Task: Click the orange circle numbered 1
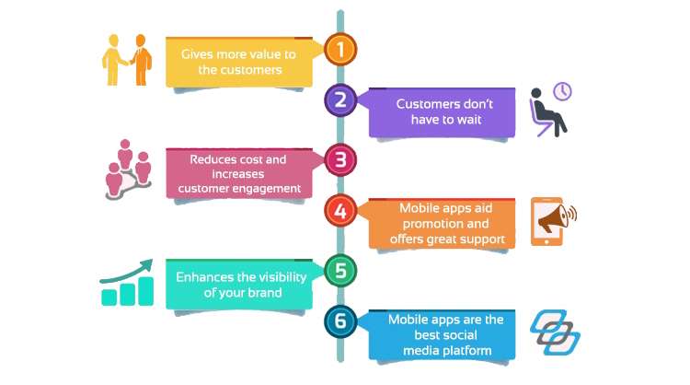340,50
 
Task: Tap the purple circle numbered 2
340,100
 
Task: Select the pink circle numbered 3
340,159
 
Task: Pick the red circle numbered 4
340,211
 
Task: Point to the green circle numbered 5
340,271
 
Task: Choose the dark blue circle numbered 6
340,321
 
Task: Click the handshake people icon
127,60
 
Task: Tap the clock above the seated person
562,91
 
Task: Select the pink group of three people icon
128,169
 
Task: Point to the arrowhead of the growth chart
146,264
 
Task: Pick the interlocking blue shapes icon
555,332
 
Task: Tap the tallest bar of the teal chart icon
145,291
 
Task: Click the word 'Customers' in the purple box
427,104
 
